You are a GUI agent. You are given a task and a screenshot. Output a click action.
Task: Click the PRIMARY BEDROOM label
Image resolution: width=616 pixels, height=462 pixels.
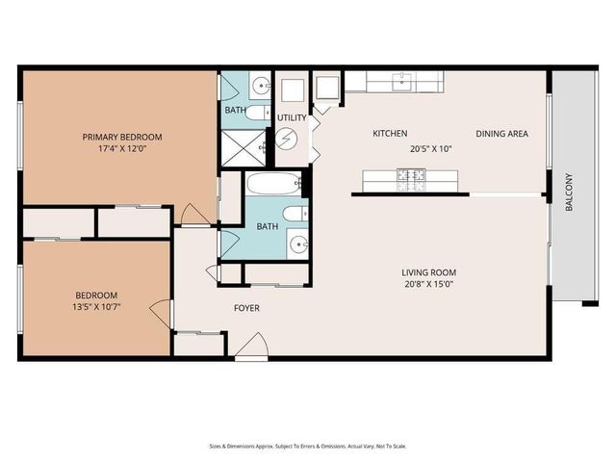121,137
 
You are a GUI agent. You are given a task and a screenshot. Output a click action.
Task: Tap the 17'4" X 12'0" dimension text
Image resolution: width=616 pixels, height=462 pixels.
121,149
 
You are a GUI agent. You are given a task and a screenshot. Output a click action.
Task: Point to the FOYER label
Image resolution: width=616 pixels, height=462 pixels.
247,308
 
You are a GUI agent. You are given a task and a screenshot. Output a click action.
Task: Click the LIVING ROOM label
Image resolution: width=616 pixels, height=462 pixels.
428,272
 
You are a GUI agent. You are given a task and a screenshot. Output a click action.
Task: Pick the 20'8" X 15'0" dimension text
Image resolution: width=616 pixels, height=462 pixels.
428,285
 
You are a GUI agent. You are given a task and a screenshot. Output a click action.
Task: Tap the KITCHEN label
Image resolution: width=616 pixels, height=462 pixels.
390,134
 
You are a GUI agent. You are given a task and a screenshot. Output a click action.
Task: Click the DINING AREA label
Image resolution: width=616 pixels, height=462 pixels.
501,134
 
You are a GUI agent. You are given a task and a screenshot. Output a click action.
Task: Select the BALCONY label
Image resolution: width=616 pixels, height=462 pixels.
568,192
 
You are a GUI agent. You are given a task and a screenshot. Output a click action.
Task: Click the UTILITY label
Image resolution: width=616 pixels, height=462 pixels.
292,117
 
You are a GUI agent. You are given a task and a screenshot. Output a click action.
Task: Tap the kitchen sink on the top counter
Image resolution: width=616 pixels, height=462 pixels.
405,81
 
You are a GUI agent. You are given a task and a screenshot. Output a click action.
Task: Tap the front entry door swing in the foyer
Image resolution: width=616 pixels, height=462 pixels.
251,347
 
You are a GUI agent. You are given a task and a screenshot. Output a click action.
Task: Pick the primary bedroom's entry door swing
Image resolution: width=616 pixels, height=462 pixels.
195,214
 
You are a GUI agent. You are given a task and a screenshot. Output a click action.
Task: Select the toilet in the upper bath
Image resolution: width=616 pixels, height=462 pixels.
257,112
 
